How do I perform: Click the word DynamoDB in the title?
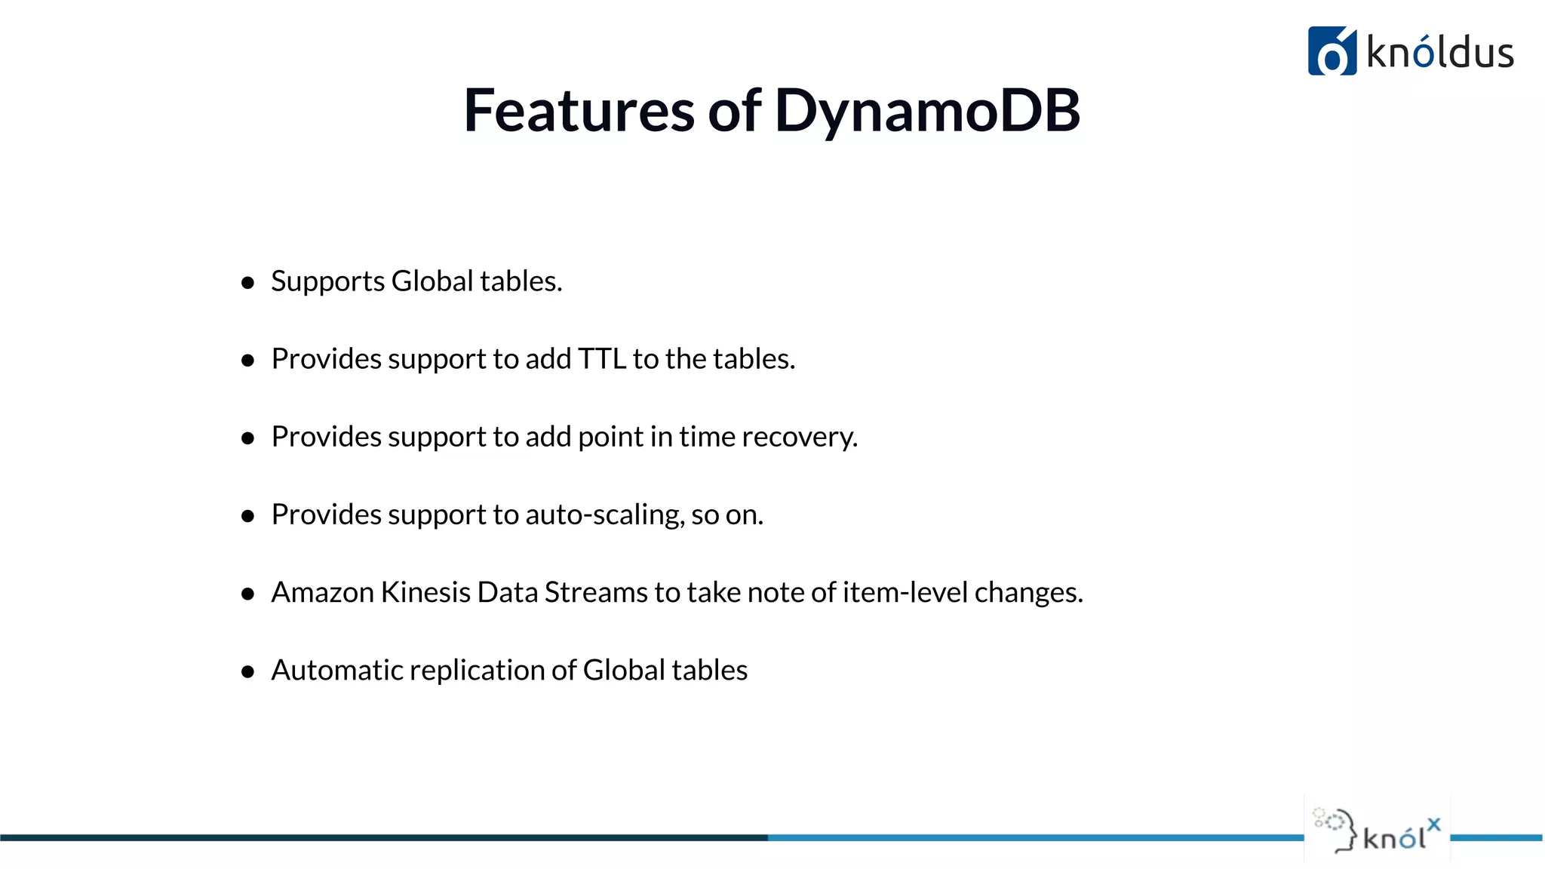[927, 111]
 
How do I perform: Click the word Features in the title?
[579, 111]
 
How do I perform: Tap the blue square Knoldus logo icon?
[1332, 51]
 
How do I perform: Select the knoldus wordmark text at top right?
[1439, 53]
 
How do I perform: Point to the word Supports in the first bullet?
[328, 281]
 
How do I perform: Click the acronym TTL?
[602, 359]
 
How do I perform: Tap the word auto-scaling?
[605, 514]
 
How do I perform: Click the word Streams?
[596, 592]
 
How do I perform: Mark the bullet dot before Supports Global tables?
[247, 283]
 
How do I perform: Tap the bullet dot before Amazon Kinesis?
[247, 594]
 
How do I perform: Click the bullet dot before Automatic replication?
[247, 672]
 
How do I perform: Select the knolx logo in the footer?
[1378, 830]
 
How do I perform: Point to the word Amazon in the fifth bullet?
[322, 592]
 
